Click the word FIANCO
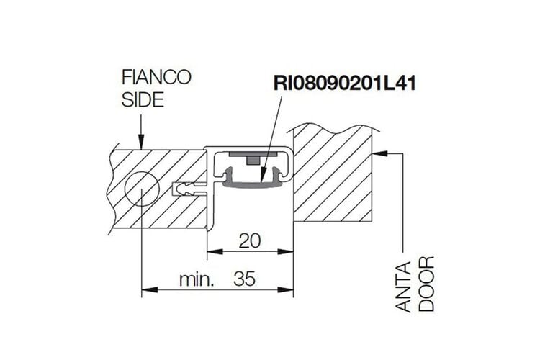[156, 77]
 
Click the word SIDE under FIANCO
[143, 100]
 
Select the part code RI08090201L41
[345, 84]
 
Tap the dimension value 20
[250, 240]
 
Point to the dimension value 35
[245, 279]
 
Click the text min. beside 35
[197, 279]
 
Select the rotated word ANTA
[404, 287]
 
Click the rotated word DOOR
[427, 284]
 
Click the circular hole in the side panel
[142, 189]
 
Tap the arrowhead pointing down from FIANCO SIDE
[141, 143]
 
